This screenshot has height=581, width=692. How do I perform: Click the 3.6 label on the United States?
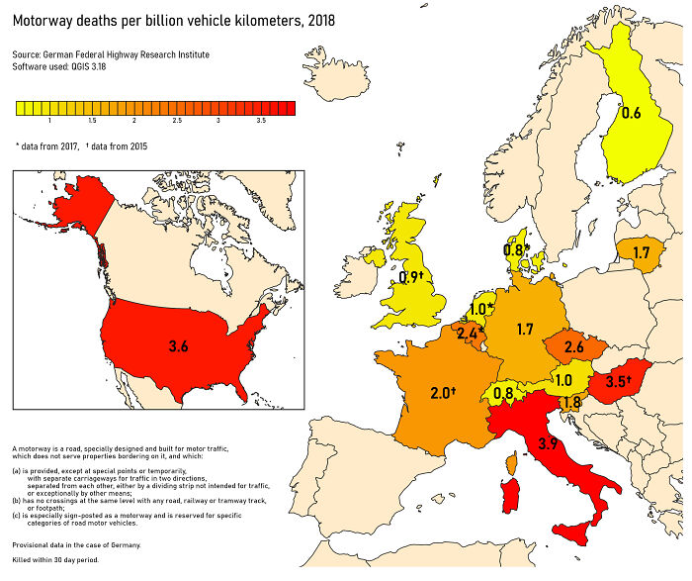point(179,346)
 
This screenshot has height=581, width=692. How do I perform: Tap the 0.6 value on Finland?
point(631,113)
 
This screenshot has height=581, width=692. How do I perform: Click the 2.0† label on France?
point(443,393)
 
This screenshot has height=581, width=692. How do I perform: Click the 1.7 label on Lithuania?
point(642,253)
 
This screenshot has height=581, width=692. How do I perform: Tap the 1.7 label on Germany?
point(525,329)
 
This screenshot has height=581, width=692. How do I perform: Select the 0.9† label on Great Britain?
point(409,277)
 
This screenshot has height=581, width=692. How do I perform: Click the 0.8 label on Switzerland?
point(503,393)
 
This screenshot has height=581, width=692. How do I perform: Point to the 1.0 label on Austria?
point(563,380)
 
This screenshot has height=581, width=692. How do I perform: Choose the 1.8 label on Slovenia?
point(570,403)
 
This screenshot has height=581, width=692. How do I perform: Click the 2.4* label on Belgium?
point(470,335)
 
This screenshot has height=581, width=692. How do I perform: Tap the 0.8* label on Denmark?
point(517,251)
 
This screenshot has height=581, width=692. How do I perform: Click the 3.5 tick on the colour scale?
point(261,120)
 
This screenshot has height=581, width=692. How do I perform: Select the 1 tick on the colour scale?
point(49,120)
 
